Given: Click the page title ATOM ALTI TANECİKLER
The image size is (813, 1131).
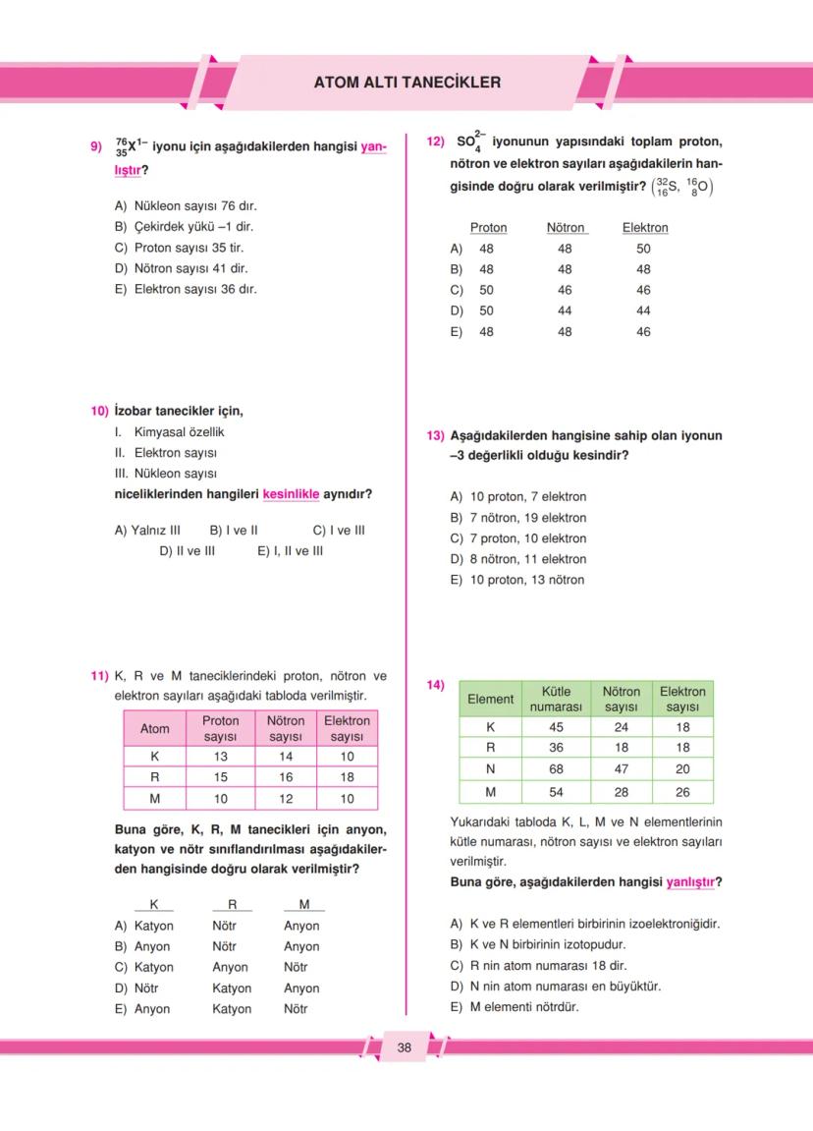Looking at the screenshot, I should [x=406, y=83].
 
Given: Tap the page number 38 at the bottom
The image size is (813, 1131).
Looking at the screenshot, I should [x=405, y=1047].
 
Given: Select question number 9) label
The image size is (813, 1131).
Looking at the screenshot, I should [x=96, y=147].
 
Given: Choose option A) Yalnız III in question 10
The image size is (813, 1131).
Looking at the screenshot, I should [x=147, y=531].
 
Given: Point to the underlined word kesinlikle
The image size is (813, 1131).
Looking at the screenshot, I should [x=291, y=494].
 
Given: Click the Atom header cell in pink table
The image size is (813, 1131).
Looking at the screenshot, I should [x=154, y=728].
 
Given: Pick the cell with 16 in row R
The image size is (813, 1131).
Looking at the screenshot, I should [x=285, y=777].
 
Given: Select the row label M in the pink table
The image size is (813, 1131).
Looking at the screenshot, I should [x=154, y=799].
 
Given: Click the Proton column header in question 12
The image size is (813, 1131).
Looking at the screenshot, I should [x=488, y=228].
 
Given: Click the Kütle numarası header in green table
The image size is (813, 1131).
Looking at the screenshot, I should [x=556, y=699].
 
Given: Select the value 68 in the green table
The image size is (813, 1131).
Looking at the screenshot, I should [x=556, y=769].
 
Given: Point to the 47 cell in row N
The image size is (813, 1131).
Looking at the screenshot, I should [x=621, y=769].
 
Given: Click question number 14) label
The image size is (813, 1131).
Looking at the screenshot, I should [x=435, y=684].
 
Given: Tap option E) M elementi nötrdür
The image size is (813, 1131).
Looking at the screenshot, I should [x=515, y=1007].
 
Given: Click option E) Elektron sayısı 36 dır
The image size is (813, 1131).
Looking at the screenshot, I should [x=187, y=289].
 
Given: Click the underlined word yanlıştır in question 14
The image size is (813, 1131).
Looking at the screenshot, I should [x=691, y=882].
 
